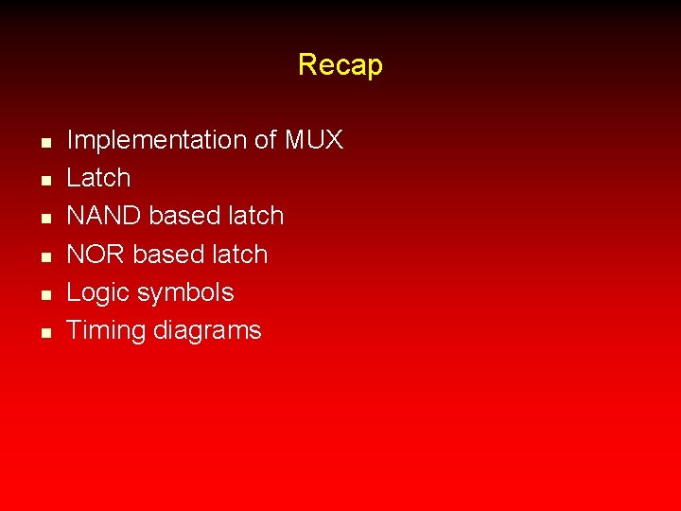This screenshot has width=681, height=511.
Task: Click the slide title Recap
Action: (x=340, y=65)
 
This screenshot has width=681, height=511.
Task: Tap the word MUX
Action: (x=313, y=141)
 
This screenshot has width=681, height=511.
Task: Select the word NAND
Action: (x=104, y=216)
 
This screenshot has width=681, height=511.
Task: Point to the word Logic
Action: (x=97, y=293)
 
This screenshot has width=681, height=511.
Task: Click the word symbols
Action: (x=185, y=293)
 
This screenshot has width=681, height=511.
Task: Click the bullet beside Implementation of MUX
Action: (x=44, y=142)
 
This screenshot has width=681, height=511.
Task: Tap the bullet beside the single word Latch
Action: (x=44, y=180)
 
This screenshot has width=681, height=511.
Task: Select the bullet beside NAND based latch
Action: (x=44, y=218)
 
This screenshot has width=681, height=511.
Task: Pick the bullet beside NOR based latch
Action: (x=44, y=256)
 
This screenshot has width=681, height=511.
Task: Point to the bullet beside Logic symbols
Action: (x=44, y=294)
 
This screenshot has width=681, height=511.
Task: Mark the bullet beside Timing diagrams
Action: (x=44, y=332)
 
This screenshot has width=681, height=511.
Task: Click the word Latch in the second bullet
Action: (x=98, y=178)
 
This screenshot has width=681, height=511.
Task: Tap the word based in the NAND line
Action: (x=183, y=216)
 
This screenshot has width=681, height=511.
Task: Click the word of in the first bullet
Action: (x=265, y=141)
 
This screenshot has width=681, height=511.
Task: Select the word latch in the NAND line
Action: (x=255, y=216)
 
